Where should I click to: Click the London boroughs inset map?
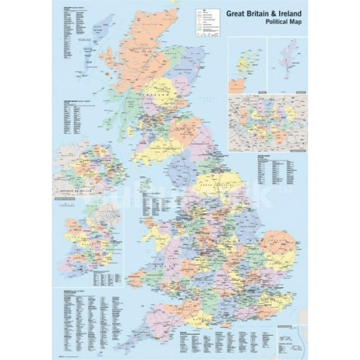coord(267,122)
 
